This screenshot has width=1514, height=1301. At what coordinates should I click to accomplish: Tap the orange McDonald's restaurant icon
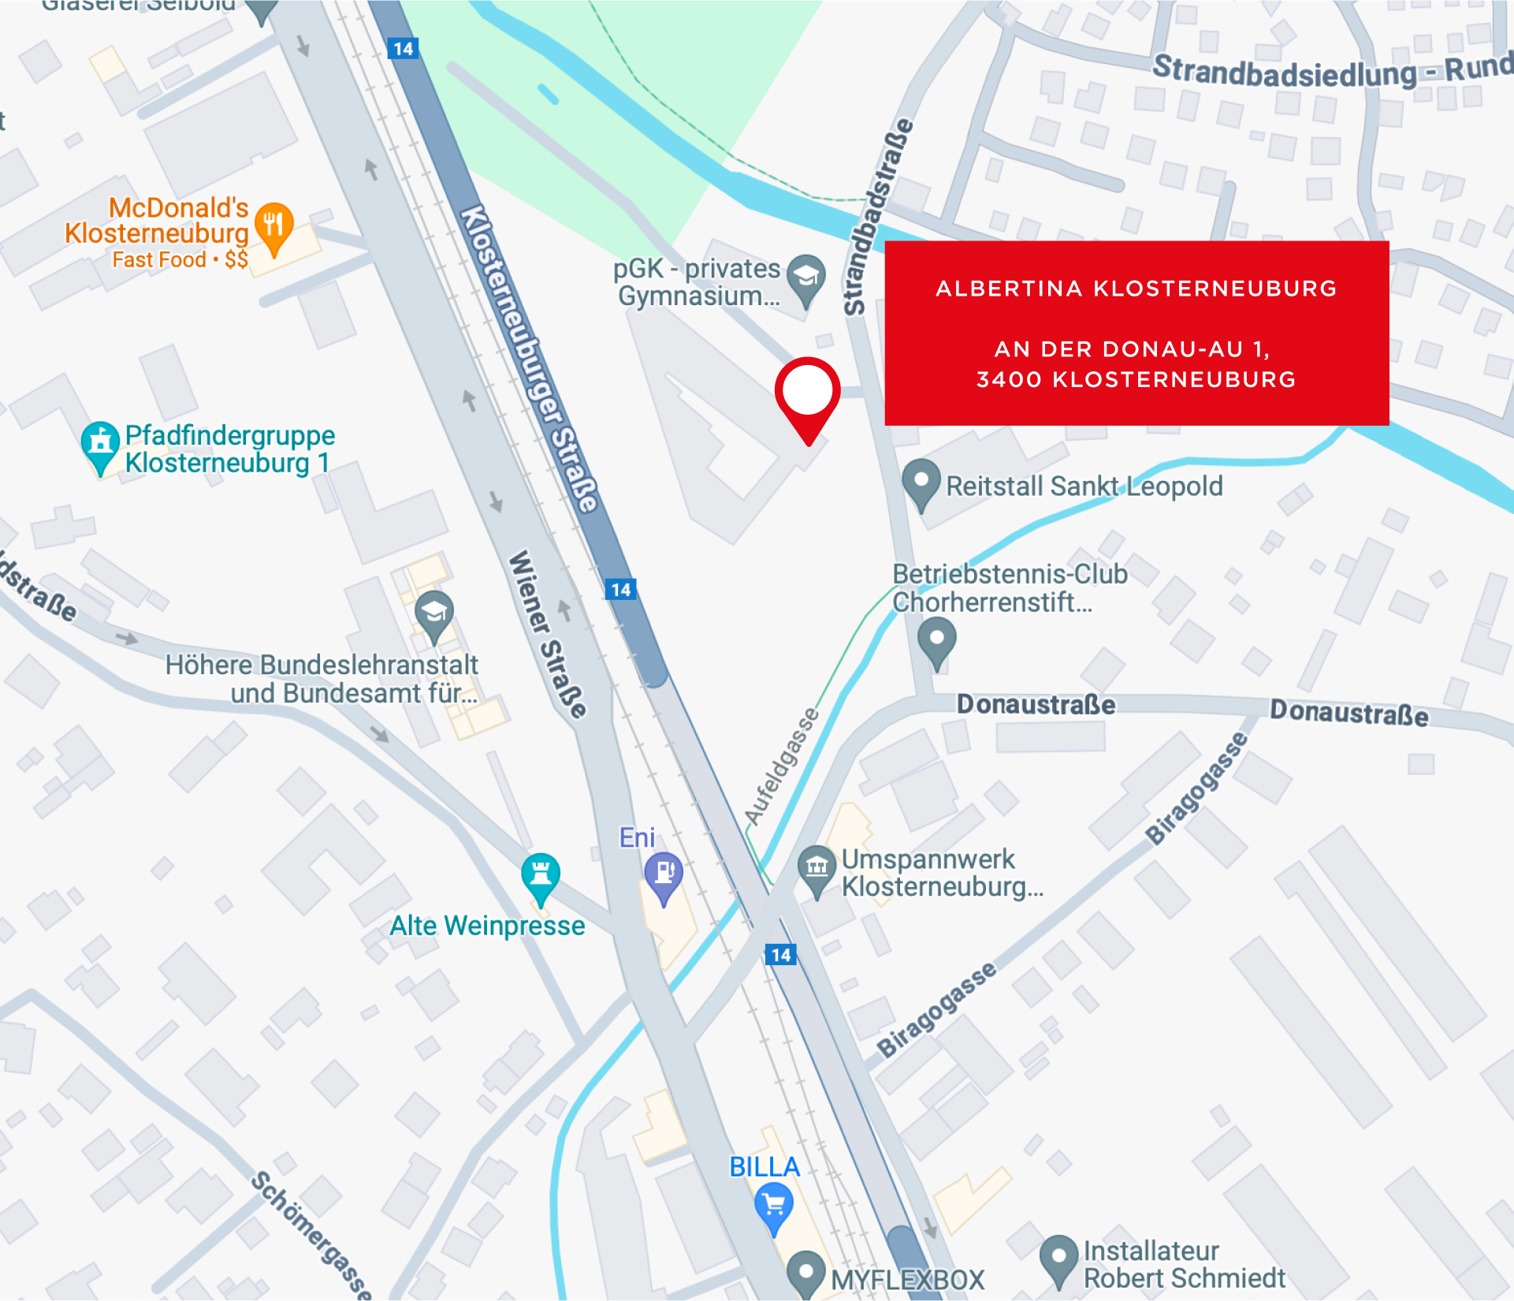click(x=273, y=226)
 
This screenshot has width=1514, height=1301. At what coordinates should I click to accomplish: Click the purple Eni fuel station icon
click(x=664, y=874)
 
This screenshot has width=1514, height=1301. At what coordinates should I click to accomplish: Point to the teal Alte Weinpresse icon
click(x=541, y=875)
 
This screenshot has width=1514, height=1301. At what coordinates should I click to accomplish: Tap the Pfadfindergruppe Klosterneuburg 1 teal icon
click(x=100, y=443)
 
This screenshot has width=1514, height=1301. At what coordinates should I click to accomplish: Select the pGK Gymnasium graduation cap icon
click(x=806, y=277)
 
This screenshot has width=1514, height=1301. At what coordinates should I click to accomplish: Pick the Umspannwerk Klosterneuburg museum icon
click(x=817, y=867)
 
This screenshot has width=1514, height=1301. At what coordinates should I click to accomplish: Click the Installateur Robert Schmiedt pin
click(x=1058, y=1256)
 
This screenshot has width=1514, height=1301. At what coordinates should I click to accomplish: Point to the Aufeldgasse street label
click(x=782, y=766)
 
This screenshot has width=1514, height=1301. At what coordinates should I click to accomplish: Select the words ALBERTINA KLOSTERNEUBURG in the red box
click(x=1136, y=289)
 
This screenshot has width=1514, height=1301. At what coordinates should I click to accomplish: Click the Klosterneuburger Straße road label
click(x=529, y=359)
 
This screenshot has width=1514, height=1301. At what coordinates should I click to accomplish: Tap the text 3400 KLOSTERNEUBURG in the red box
click(x=1136, y=380)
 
